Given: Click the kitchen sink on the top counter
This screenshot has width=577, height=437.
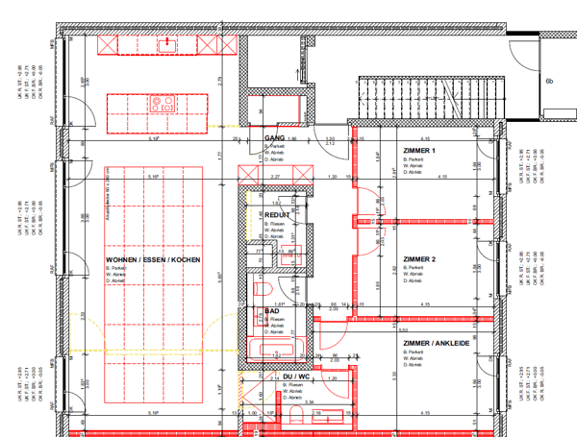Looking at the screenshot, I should (168, 42).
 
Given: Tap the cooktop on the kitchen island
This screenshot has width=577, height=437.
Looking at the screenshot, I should (163, 103).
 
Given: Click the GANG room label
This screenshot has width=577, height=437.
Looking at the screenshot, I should (274, 138).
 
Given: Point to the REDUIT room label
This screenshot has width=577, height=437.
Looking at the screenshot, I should (277, 215).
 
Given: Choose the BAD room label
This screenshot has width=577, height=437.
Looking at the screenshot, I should (274, 311).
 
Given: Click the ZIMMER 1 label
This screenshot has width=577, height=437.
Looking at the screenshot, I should (419, 152).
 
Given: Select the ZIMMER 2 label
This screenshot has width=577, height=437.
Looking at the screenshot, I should (419, 259).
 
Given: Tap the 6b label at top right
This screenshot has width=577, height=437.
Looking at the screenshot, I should (549, 82).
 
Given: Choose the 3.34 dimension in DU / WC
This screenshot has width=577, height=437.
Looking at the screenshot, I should (309, 402).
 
